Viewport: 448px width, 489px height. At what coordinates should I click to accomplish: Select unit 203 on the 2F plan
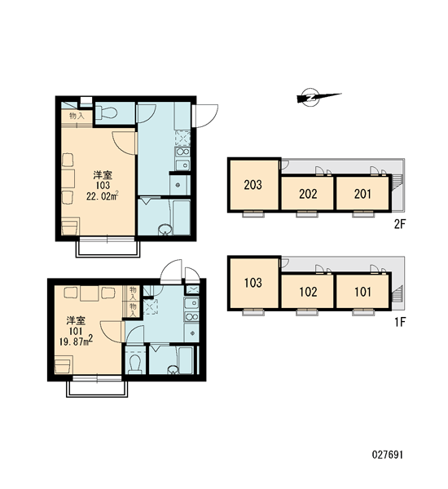pos(253,185)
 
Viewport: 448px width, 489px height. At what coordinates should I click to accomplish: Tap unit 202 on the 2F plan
pos(308,194)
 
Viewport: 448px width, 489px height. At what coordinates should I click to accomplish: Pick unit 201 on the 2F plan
pos(362,194)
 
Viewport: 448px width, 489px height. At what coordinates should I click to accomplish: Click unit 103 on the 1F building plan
pos(253,283)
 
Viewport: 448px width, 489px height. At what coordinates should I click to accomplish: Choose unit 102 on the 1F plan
pos(308,292)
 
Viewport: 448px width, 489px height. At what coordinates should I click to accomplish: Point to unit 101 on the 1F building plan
pos(362,292)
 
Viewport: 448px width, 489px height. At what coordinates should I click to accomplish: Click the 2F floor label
pos(399,224)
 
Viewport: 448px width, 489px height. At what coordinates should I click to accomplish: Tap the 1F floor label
pos(399,322)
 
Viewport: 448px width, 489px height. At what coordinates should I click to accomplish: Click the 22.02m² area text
pos(103,196)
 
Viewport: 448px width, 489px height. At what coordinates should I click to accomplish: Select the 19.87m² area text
pos(76,341)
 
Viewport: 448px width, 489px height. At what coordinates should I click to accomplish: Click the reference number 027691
pos(388,455)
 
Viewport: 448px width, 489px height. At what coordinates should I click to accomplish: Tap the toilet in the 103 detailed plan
pos(107,112)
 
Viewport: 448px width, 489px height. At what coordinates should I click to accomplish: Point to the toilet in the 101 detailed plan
pos(135,363)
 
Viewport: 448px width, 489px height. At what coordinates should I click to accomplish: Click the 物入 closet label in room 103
pos(77,116)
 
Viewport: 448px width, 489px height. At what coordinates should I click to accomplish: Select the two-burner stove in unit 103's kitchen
pos(182,152)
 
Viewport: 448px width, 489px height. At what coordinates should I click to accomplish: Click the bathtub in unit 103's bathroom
pos(181,218)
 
